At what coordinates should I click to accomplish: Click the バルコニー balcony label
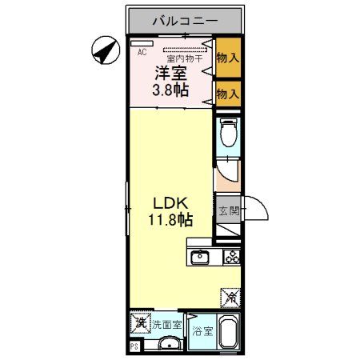(184, 19)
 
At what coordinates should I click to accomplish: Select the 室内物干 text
(182, 58)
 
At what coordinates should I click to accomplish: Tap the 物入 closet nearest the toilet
(229, 94)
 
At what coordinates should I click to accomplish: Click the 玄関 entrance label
(228, 211)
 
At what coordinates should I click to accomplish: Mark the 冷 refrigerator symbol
(230, 298)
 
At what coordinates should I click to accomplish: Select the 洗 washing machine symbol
(139, 325)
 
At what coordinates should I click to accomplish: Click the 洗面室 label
(166, 326)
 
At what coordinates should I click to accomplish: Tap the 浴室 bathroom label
(202, 331)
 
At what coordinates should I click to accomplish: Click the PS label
(134, 348)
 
